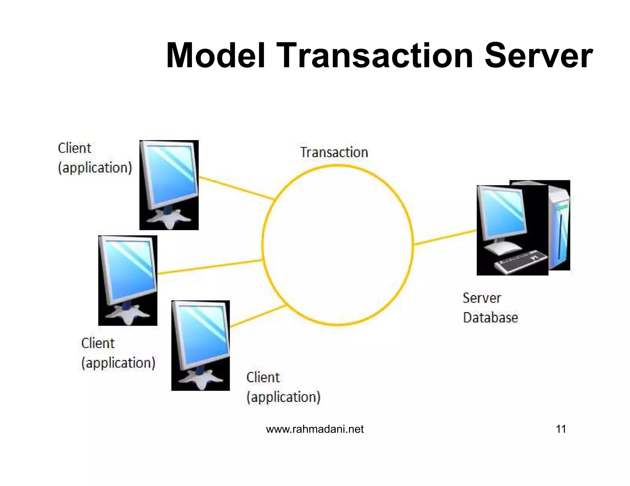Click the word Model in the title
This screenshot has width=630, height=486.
(215, 56)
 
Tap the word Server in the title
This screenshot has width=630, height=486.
(538, 56)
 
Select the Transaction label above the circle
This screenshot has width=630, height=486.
(334, 152)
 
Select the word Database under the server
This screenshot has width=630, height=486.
(490, 318)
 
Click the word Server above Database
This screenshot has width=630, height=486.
(482, 298)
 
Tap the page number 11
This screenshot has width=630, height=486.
(561, 429)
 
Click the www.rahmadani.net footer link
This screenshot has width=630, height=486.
(315, 429)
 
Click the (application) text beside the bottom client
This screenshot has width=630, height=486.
(283, 397)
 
